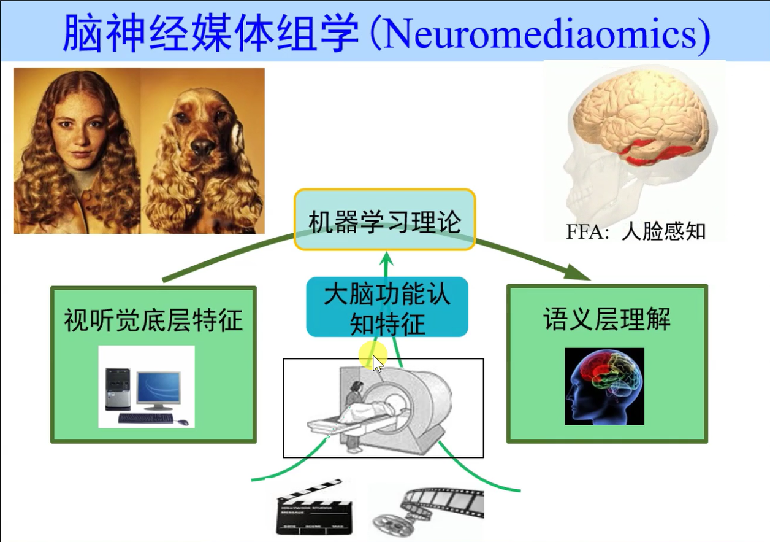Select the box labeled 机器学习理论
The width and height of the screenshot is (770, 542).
[384, 220]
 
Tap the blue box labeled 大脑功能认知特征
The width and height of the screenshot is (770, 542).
[387, 307]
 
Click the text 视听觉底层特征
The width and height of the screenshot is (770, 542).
[153, 320]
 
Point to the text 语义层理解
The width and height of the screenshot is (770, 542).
[607, 319]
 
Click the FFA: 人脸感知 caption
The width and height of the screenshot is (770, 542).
[636, 231]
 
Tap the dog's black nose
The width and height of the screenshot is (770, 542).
[202, 147]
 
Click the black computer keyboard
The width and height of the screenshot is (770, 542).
[146, 418]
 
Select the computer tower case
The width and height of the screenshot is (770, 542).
[118, 389]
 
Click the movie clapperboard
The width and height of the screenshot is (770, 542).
[314, 507]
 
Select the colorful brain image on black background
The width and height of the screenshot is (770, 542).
[604, 386]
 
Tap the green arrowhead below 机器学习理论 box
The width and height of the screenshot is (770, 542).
[387, 258]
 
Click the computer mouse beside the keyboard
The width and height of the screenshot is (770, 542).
[183, 422]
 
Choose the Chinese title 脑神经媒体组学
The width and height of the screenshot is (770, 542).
[211, 34]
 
